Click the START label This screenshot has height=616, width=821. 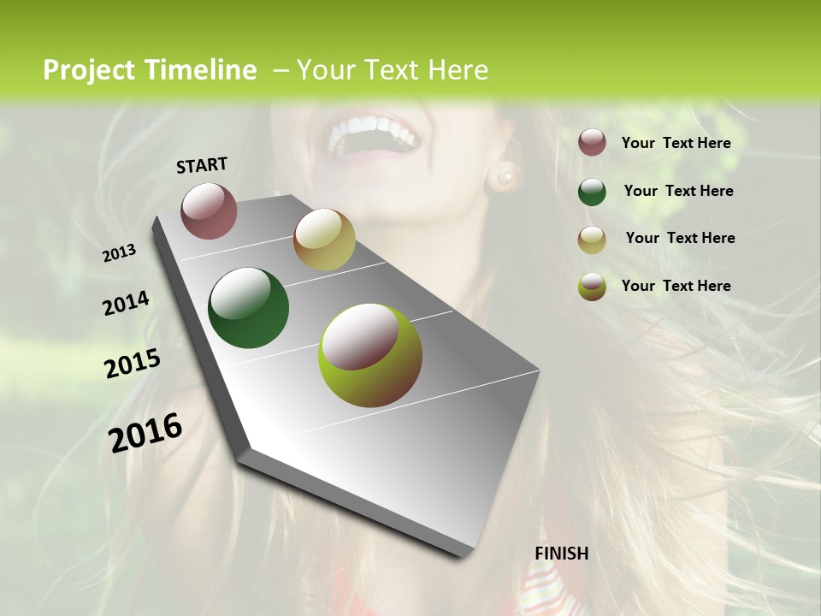(x=202, y=165)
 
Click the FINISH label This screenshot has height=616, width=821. (x=561, y=554)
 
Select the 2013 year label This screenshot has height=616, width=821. (x=120, y=252)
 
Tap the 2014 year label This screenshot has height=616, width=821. (x=127, y=303)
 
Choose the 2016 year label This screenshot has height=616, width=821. (x=145, y=432)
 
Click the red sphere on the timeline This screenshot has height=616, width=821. (x=209, y=210)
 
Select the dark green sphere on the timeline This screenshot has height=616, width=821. (x=248, y=308)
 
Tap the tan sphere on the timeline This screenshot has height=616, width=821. (x=324, y=240)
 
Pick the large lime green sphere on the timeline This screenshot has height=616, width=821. (x=369, y=354)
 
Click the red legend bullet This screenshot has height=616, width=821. (x=592, y=143)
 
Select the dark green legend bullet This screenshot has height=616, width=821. (x=592, y=192)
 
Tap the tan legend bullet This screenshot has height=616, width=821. (x=592, y=240)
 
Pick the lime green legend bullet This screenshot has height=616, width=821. (x=592, y=287)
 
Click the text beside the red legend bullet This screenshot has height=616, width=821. (x=676, y=144)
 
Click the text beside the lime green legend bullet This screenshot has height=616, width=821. (x=676, y=286)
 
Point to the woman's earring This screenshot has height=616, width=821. (x=505, y=177)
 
